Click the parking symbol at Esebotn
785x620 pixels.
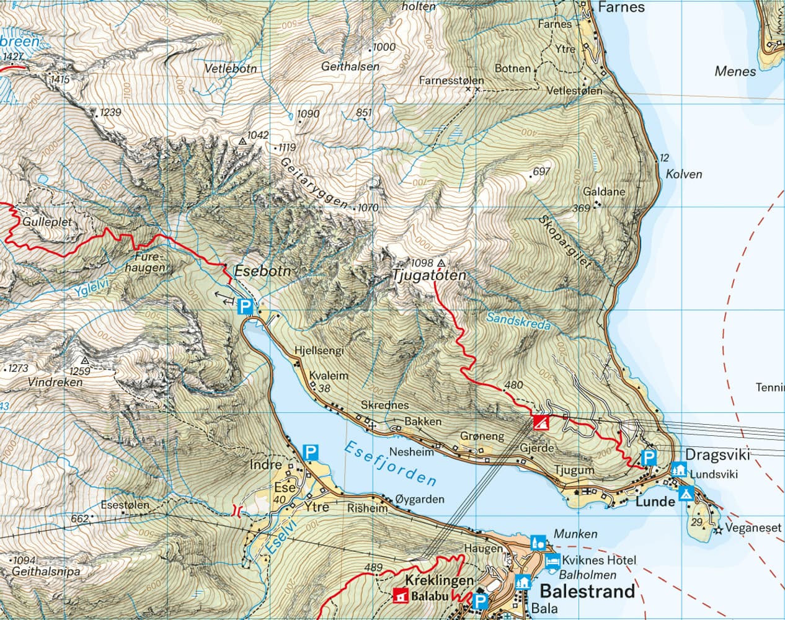coord(246,306)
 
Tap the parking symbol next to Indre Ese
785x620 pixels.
coord(310,452)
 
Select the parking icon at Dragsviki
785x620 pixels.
coord(649,458)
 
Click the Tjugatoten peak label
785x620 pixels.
coord(428,276)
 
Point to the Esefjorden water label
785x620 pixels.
coord(390,464)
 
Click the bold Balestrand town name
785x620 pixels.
coord(587,591)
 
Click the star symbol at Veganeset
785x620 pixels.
coord(719,531)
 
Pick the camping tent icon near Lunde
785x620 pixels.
coord(686,494)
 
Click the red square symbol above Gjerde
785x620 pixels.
coord(541,423)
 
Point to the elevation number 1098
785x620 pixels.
coord(422,262)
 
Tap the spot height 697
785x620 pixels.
coord(541,172)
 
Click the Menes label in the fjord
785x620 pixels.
coord(735,71)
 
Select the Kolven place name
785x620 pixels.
coord(683,174)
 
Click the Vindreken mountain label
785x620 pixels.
coord(55,383)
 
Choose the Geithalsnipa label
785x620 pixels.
coord(47,572)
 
